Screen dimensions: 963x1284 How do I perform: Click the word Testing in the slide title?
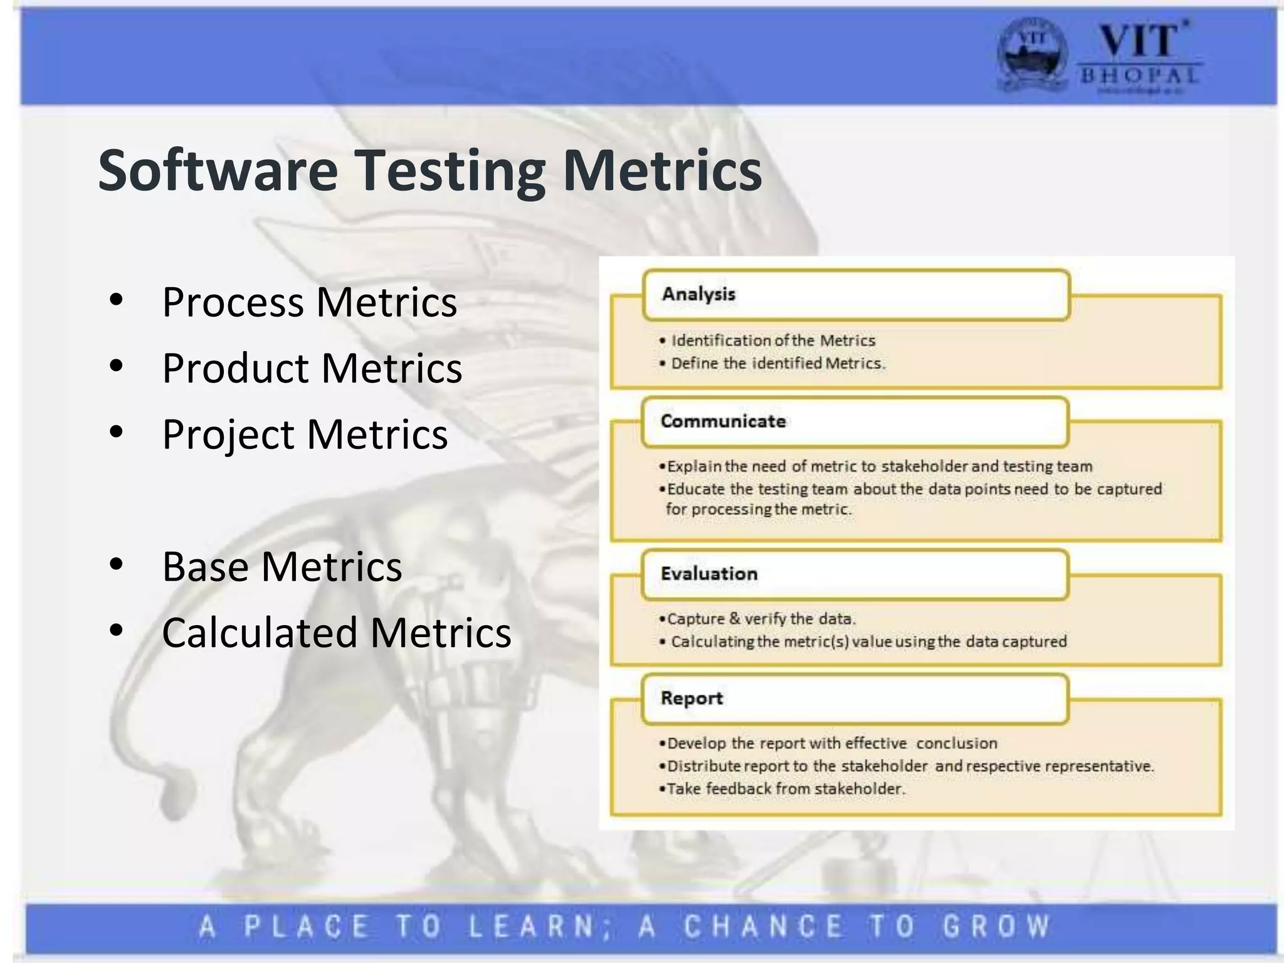point(451,171)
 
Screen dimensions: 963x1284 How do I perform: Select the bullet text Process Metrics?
point(309,302)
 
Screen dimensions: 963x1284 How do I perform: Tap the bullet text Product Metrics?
point(312,368)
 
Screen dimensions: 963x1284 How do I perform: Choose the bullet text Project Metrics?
point(305,434)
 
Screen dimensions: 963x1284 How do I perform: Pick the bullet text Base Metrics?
point(282,567)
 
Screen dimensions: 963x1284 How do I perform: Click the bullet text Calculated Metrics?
point(336,633)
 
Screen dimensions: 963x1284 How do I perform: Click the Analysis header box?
point(856,295)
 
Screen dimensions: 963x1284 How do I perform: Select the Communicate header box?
point(855,422)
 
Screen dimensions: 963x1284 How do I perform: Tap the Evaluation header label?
point(709,574)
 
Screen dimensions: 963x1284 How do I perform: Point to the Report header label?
point(692,698)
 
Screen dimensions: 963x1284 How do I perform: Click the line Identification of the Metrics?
point(772,340)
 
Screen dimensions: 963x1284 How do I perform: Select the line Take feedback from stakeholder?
point(786,789)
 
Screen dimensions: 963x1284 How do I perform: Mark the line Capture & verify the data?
point(760,619)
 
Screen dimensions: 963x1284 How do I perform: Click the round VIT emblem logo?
point(1031,55)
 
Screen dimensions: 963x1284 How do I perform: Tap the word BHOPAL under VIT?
point(1139,76)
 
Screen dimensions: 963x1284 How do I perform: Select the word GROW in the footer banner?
point(996,927)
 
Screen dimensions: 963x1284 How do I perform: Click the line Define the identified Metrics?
point(777,364)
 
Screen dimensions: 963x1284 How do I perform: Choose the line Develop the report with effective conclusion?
point(831,744)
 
